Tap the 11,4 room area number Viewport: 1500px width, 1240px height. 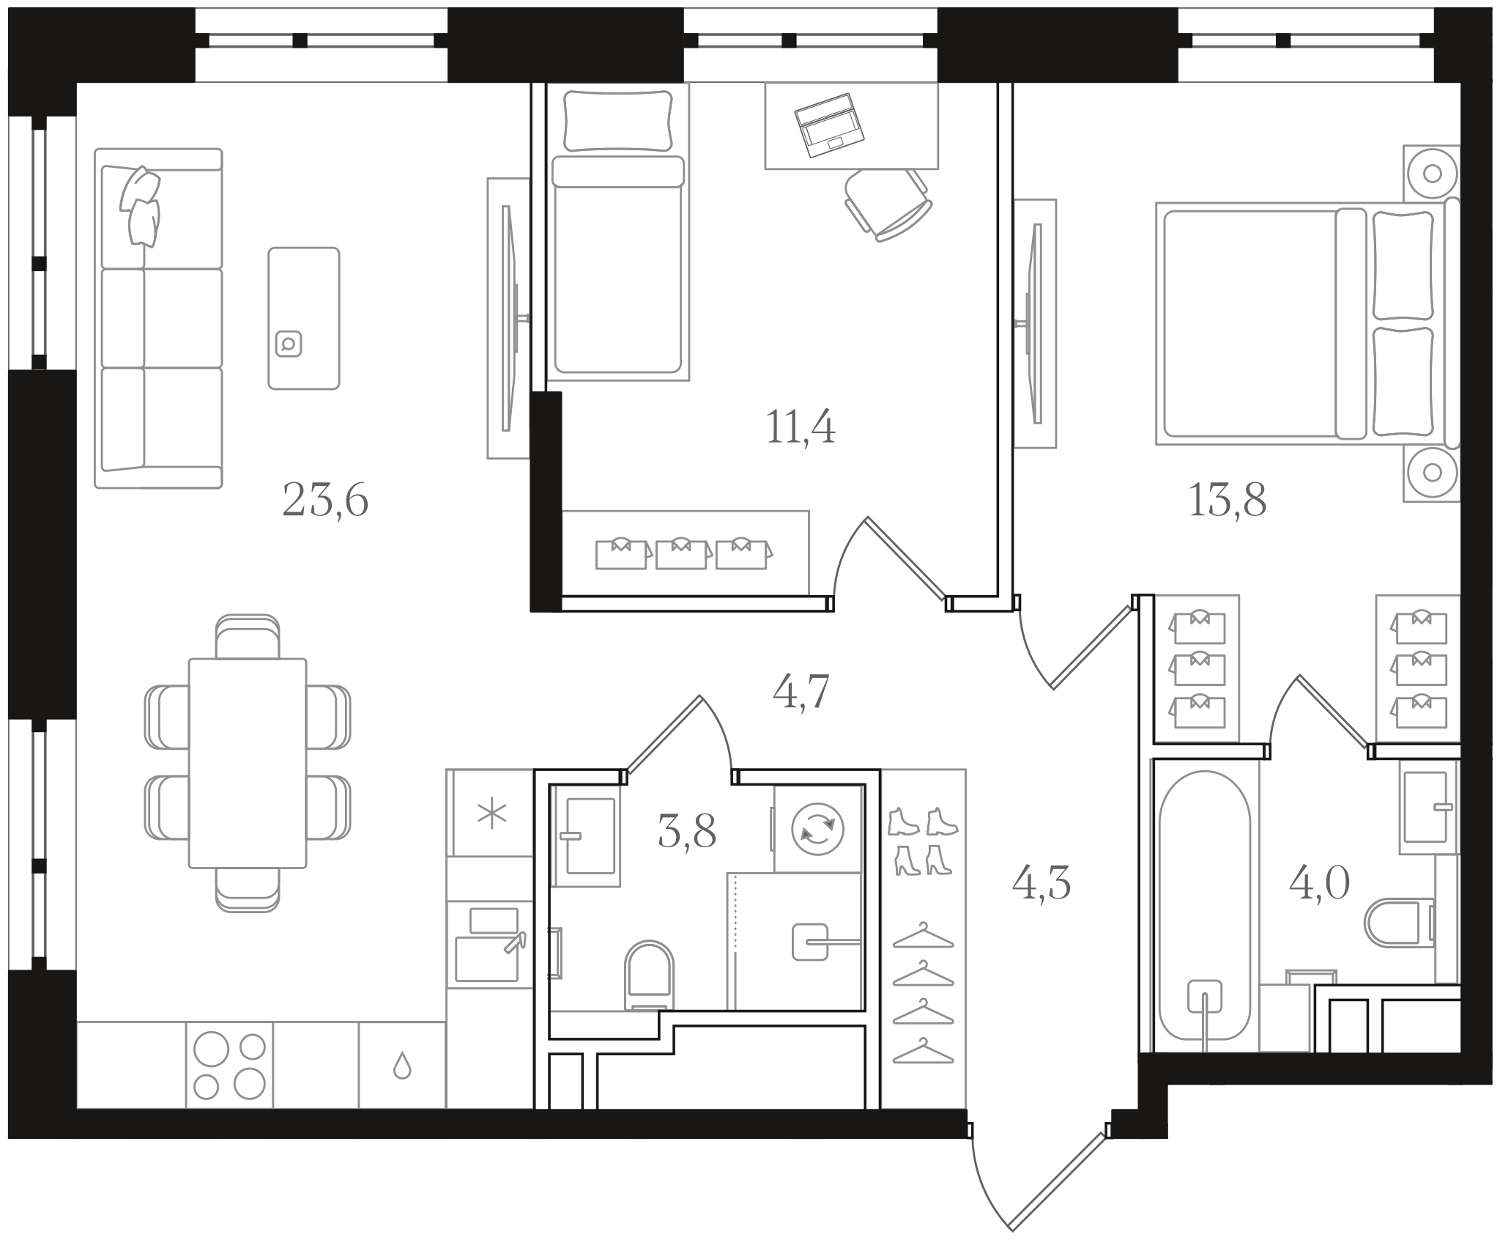[x=801, y=427]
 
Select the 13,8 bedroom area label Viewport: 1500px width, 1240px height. [x=1227, y=501]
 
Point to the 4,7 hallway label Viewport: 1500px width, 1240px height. [x=801, y=692]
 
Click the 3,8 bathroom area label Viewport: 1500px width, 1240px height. [x=687, y=833]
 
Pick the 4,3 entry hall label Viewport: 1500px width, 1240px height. [x=1042, y=884]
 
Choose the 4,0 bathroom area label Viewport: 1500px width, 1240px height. [x=1319, y=884]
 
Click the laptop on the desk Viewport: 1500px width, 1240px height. [x=830, y=125]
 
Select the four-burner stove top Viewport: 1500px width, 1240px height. [x=229, y=1065]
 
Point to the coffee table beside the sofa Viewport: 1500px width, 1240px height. [x=304, y=318]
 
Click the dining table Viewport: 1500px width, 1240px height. [x=248, y=763]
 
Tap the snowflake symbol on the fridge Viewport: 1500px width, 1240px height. [x=492, y=816]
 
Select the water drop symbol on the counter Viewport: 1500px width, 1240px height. [x=402, y=1066]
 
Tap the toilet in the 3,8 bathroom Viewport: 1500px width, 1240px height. [x=649, y=975]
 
